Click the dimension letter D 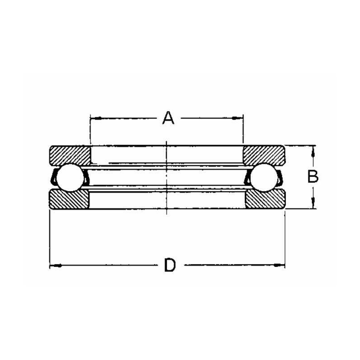click(x=169, y=265)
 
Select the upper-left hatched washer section click(x=69, y=155)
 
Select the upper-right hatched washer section click(x=264, y=155)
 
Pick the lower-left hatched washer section click(x=69, y=198)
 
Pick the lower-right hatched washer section click(x=265, y=198)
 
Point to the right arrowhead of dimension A click(x=240, y=118)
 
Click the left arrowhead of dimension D click(x=53, y=265)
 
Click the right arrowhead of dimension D click(x=282, y=265)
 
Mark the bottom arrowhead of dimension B click(x=313, y=205)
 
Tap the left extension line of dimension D click(x=49, y=238)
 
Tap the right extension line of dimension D click(x=285, y=238)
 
